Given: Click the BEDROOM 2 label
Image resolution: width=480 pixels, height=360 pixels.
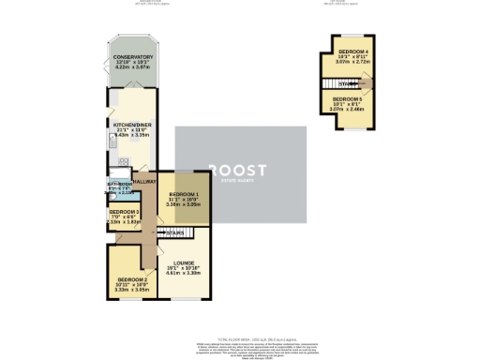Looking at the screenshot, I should tap(131, 280).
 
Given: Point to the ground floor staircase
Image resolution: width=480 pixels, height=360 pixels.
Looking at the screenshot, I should tap(172, 232).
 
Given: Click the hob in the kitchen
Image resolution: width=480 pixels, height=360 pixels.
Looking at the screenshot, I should tap(123, 160).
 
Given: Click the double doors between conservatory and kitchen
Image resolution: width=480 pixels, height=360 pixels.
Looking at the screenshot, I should tap(132, 86).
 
